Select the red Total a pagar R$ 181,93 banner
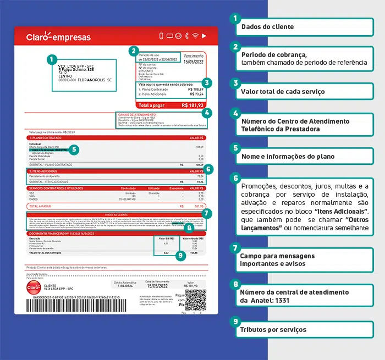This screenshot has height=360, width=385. [x=171, y=105]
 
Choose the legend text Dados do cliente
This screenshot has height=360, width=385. [x=267, y=26]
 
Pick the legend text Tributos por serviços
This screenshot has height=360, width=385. [x=274, y=330]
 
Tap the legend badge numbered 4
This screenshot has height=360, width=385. [x=235, y=114]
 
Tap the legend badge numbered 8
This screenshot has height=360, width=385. [x=235, y=285]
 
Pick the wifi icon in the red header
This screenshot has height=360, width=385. [x=194, y=36]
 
